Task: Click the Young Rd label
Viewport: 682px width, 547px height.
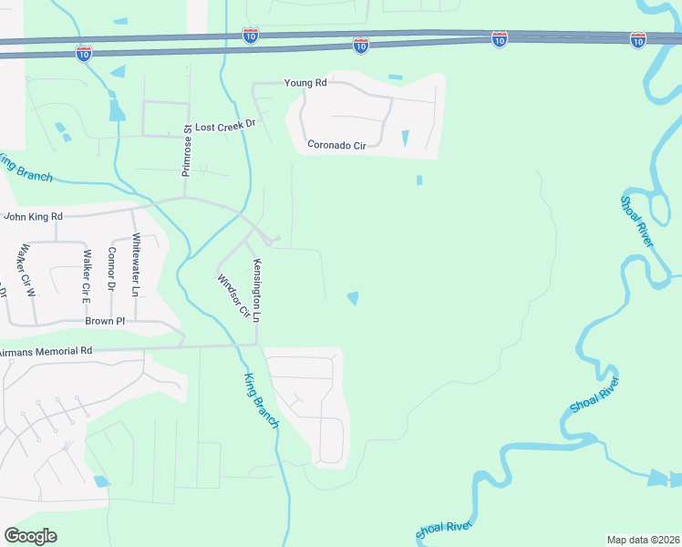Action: pos(305,83)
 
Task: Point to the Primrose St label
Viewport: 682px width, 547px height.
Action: pos(186,150)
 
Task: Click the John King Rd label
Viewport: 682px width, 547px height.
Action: pos(33,217)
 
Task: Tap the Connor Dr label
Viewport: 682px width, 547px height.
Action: pos(112,269)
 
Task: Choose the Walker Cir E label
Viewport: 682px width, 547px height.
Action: pos(88,275)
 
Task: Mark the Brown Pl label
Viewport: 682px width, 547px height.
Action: pos(105,321)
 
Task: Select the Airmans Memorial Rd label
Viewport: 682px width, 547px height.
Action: pos(46,350)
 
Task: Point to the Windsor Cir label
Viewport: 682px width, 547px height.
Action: pos(233,296)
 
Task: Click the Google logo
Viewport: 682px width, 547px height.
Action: pos(30,536)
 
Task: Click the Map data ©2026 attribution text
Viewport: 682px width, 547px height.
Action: pos(643,539)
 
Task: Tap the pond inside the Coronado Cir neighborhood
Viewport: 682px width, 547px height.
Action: pos(406,138)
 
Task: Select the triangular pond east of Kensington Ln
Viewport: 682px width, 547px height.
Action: pos(352,297)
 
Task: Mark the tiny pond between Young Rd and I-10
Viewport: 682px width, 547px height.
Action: pos(395,77)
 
